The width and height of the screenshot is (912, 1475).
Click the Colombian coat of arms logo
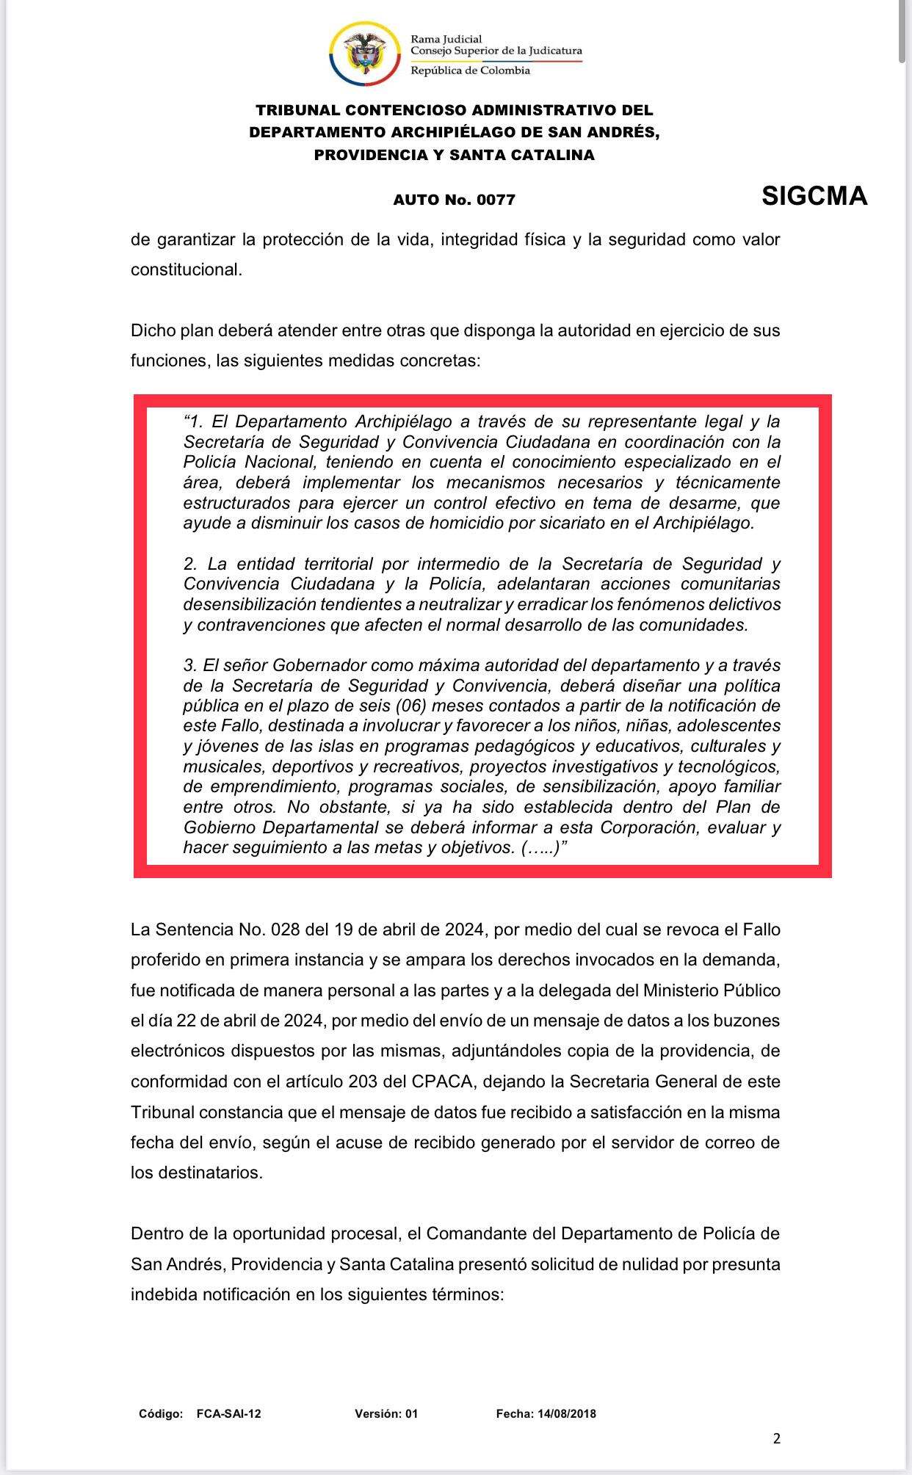pyautogui.click(x=365, y=53)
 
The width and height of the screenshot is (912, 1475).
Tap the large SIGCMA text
pyautogui.click(x=814, y=196)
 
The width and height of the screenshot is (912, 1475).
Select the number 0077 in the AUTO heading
pyautogui.click(x=496, y=200)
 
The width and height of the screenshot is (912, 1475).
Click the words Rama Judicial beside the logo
pyautogui.click(x=446, y=39)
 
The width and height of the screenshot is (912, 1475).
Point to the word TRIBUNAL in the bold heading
pyautogui.click(x=297, y=110)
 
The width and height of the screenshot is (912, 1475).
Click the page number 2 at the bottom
pyautogui.click(x=777, y=1438)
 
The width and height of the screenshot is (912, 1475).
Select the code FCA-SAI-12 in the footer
pyautogui.click(x=228, y=1414)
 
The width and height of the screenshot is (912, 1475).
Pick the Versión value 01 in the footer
pyautogui.click(x=410, y=1414)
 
